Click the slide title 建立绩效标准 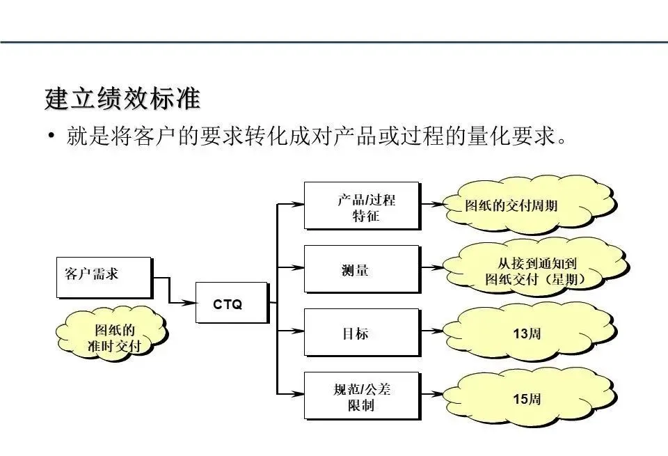(122, 98)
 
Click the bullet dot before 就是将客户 (51, 136)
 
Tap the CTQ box (230, 303)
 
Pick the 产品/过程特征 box (361, 205)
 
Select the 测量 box (361, 268)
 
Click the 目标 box (361, 332)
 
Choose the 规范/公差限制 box (361, 395)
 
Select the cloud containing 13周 (527, 333)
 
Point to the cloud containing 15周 (527, 399)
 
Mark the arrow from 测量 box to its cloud (432, 267)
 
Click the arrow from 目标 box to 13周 (432, 331)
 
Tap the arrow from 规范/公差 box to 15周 (432, 395)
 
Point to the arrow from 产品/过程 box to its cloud (432, 205)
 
